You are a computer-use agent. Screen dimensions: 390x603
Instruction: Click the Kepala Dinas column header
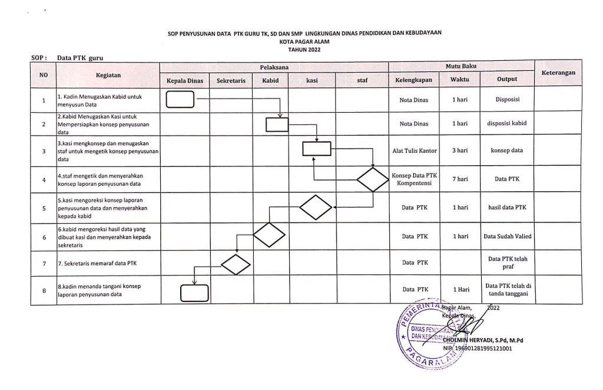pos(185,80)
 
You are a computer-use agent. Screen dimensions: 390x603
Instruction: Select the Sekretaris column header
pos(231,80)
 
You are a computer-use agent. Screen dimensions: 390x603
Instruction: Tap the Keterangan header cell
pos(558,73)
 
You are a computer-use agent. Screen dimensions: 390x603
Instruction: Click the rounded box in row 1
pos(180,100)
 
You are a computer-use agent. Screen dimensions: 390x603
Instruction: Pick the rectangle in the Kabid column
pos(277,124)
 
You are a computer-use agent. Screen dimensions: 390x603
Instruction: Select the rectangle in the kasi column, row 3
pos(317,150)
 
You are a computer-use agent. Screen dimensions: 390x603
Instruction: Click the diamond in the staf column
pos(373,179)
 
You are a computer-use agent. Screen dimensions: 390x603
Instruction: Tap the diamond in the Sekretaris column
pos(236,264)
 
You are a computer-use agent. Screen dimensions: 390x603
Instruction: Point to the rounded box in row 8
pos(194,293)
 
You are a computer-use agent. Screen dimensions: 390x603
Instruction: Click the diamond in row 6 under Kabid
pos(269,236)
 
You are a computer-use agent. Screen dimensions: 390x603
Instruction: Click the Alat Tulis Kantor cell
pos(415,150)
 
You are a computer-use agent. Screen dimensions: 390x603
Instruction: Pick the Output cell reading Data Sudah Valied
pos(507,237)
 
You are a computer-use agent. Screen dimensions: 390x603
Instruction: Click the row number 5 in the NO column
pos(44,208)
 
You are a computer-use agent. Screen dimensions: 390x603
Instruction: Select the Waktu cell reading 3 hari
pos(460,150)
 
